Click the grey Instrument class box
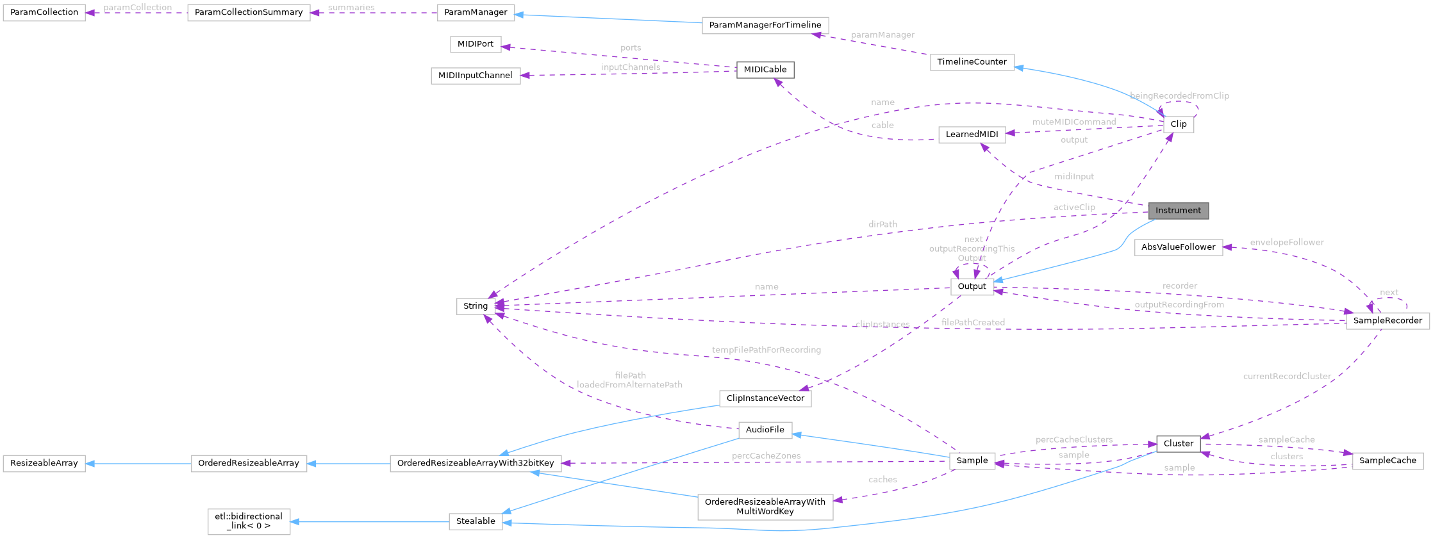pyautogui.click(x=1178, y=211)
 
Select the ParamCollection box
pyautogui.click(x=44, y=13)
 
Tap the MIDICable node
pyautogui.click(x=765, y=70)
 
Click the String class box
pyautogui.click(x=476, y=306)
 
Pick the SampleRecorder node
pyautogui.click(x=1387, y=321)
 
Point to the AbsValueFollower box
pyautogui.click(x=1178, y=247)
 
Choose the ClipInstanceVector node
pyautogui.click(x=765, y=398)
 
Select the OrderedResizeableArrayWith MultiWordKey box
pyautogui.click(x=765, y=507)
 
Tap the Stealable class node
pyautogui.click(x=476, y=521)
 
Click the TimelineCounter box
pyautogui.click(x=972, y=62)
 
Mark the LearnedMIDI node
pyautogui.click(x=972, y=134)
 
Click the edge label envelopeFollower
pyautogui.click(x=1286, y=242)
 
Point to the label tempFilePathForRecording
pyautogui.click(x=766, y=350)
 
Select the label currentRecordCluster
pyautogui.click(x=1287, y=376)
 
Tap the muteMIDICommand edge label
pyautogui.click(x=1073, y=122)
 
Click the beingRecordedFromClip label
pyautogui.click(x=1179, y=95)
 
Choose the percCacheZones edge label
pyautogui.click(x=766, y=455)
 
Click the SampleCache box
pyautogui.click(x=1387, y=461)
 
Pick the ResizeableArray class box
pyautogui.click(x=44, y=463)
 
